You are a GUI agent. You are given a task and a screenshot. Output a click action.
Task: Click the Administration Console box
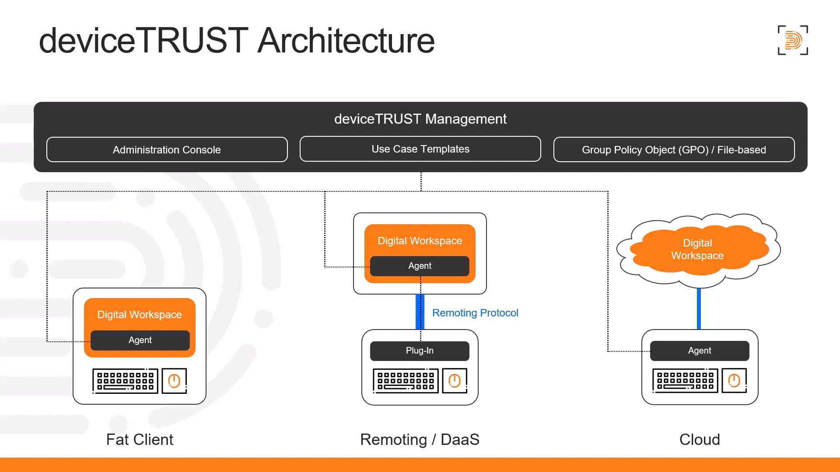pyautogui.click(x=167, y=149)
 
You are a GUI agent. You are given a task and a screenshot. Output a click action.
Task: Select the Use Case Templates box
pyautogui.click(x=420, y=149)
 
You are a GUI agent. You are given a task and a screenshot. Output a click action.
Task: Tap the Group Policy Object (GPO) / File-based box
pyautogui.click(x=674, y=149)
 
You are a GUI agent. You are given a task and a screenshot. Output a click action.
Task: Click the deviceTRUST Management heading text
pyautogui.click(x=420, y=119)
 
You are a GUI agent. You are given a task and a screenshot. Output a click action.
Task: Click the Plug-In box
pyautogui.click(x=420, y=351)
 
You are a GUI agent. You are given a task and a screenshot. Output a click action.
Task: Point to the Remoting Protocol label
pyautogui.click(x=475, y=313)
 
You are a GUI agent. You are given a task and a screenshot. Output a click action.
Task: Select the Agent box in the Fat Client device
pyautogui.click(x=140, y=340)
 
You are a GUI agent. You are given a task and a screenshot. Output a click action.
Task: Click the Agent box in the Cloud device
pyautogui.click(x=699, y=351)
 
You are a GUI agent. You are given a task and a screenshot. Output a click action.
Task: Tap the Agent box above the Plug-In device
pyautogui.click(x=420, y=266)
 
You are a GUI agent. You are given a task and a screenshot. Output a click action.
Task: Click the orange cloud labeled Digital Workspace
pyautogui.click(x=697, y=250)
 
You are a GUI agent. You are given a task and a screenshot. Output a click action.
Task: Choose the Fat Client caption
pyautogui.click(x=140, y=439)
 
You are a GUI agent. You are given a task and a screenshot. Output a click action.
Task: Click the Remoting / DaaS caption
pyautogui.click(x=420, y=439)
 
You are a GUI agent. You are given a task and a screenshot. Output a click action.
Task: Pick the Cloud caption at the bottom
pyautogui.click(x=699, y=439)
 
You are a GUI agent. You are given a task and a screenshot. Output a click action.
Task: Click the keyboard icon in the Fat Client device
pyautogui.click(x=125, y=381)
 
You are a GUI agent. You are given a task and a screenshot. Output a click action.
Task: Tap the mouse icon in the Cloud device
pyautogui.click(x=734, y=381)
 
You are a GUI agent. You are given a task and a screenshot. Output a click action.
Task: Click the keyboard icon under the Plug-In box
pyautogui.click(x=406, y=381)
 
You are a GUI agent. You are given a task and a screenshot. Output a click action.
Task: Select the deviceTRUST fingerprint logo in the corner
pyautogui.click(x=793, y=40)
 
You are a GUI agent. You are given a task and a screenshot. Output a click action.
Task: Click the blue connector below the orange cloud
pyautogui.click(x=699, y=309)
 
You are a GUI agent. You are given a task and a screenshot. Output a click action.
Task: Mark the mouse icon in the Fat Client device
pyautogui.click(x=174, y=381)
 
